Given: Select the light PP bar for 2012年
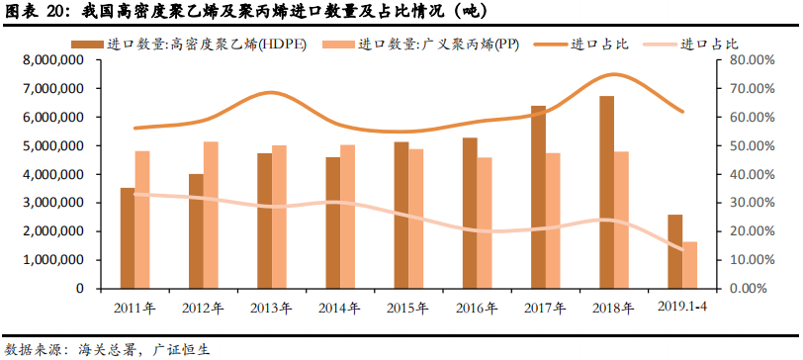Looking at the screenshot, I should (x=211, y=215).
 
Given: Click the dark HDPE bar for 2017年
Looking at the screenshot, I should (x=538, y=197).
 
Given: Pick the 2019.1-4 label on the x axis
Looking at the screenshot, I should (x=682, y=307).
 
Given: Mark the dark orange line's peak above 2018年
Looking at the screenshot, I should (x=615, y=74).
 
